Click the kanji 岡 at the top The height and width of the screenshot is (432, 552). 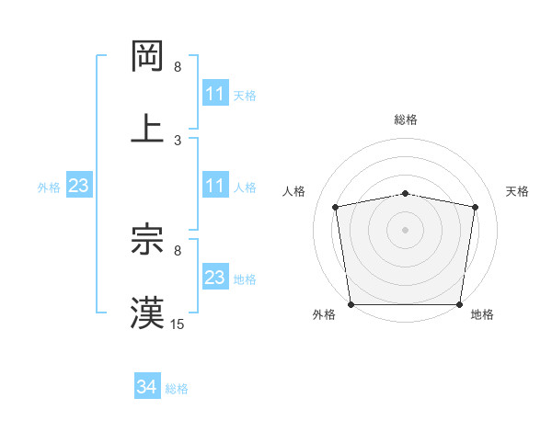[x=148, y=57]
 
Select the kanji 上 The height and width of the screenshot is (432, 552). [x=148, y=128]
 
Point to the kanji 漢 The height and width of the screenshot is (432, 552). [x=148, y=313]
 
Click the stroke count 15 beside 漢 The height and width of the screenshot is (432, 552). [x=178, y=324]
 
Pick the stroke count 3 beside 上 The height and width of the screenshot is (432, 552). [x=178, y=140]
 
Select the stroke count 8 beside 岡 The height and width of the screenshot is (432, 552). [x=178, y=68]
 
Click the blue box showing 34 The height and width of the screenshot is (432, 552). [x=146, y=388]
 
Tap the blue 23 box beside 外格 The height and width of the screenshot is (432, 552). [x=78, y=186]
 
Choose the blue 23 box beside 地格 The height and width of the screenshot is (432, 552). [x=214, y=278]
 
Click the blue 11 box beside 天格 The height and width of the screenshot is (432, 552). [x=214, y=94]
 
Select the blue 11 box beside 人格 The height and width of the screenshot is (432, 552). [x=214, y=186]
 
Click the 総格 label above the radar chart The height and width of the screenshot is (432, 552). [x=406, y=119]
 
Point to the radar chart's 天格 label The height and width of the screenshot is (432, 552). [x=517, y=191]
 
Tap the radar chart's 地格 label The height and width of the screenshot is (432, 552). [x=482, y=314]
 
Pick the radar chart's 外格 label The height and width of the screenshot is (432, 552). [x=324, y=314]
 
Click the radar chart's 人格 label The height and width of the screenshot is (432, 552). [x=294, y=191]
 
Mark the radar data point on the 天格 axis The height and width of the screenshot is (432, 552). [x=475, y=207]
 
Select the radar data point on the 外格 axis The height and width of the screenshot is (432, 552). [x=351, y=304]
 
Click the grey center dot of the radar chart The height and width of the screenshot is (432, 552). [x=405, y=230]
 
